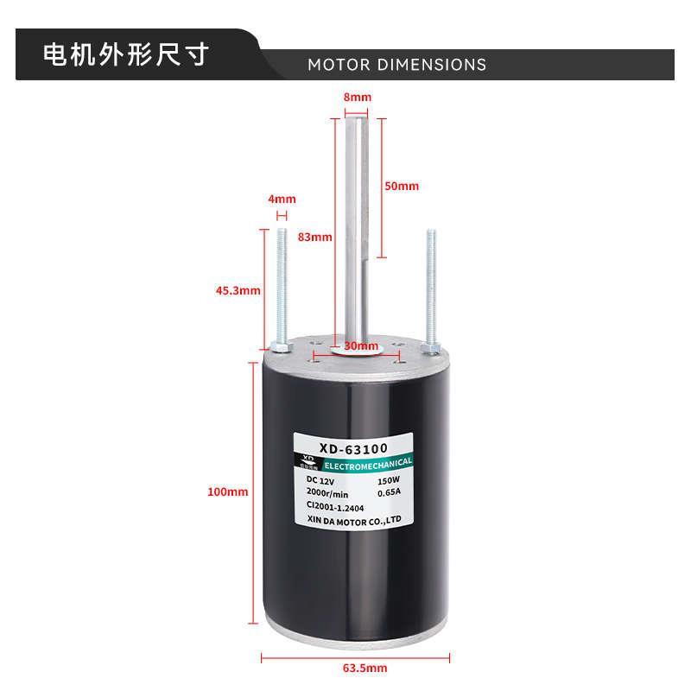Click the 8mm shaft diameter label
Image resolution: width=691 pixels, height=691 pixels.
(x=357, y=98)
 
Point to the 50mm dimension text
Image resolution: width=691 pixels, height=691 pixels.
(x=402, y=186)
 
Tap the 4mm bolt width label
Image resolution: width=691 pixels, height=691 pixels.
(x=282, y=199)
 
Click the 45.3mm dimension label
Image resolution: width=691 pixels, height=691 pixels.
(x=238, y=290)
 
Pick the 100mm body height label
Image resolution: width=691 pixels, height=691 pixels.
(x=228, y=491)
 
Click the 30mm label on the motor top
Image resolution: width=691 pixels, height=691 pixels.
(x=356, y=345)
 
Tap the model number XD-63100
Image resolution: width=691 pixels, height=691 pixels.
(x=353, y=448)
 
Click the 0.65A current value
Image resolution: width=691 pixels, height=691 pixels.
(x=391, y=492)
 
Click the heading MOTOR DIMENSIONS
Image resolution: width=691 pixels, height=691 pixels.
(x=396, y=65)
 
